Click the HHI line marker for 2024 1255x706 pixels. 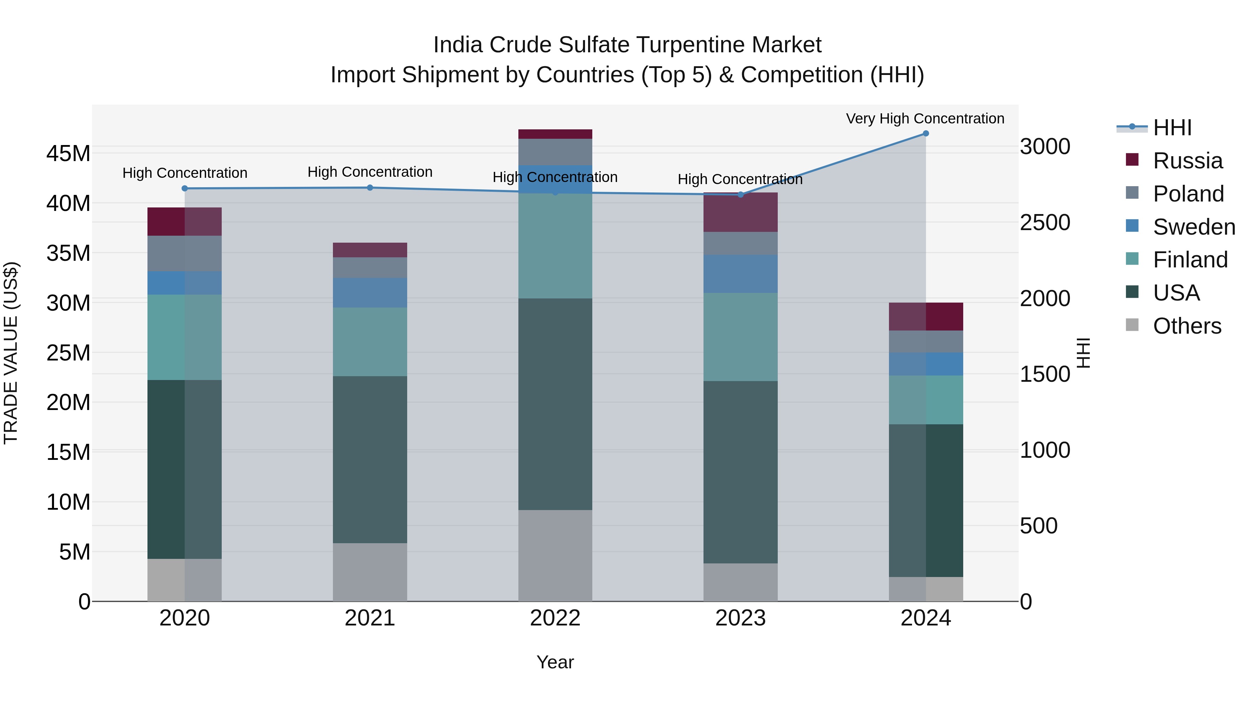click(x=926, y=134)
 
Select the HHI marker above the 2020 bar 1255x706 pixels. click(x=185, y=189)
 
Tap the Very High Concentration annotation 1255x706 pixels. click(x=925, y=119)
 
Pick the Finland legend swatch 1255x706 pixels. click(x=1132, y=259)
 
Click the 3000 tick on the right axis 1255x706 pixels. click(x=1045, y=147)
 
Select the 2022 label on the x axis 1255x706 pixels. click(x=555, y=618)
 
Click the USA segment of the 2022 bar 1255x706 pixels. click(x=555, y=404)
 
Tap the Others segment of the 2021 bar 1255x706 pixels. click(x=370, y=572)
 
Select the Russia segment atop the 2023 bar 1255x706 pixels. click(x=740, y=212)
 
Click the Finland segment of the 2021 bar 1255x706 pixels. click(x=370, y=342)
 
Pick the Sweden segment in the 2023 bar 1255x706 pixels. click(x=740, y=274)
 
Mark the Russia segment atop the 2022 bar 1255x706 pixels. click(x=555, y=134)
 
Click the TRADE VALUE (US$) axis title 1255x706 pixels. click(x=11, y=353)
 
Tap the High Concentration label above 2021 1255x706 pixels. click(x=370, y=172)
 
